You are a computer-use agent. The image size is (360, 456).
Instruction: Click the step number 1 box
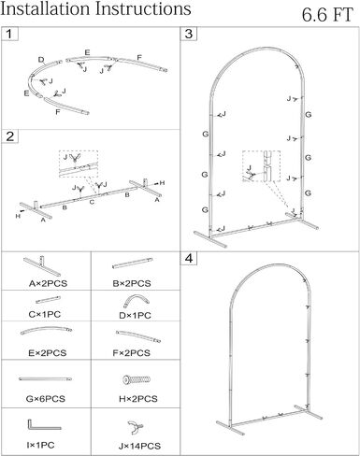pyautogui.click(x=9, y=34)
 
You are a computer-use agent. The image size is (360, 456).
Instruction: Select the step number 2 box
pyautogui.click(x=9, y=136)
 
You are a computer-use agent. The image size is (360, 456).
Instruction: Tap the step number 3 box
pyautogui.click(x=189, y=34)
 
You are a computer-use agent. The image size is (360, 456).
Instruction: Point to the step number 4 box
pyautogui.click(x=189, y=259)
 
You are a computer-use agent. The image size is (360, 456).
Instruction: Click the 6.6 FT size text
pyautogui.click(x=327, y=15)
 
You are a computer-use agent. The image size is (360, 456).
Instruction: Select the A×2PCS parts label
pyautogui.click(x=48, y=283)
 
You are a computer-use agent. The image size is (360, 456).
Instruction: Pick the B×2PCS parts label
pyautogui.click(x=132, y=283)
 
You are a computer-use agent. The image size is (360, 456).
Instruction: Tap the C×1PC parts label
pyautogui.click(x=45, y=314)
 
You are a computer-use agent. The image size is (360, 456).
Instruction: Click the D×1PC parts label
pyautogui.click(x=135, y=315)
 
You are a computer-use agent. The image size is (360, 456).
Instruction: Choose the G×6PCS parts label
pyautogui.click(x=46, y=398)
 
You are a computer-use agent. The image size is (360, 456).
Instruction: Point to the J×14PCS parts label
pyautogui.click(x=139, y=446)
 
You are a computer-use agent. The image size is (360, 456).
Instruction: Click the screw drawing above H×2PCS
pyautogui.click(x=137, y=379)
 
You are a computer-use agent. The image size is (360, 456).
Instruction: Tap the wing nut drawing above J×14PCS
pyautogui.click(x=135, y=427)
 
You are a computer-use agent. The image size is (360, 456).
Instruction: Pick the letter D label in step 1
pyautogui.click(x=41, y=60)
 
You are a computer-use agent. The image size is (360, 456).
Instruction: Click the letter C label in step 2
pyautogui.click(x=92, y=202)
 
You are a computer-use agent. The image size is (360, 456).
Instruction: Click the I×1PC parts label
pyautogui.click(x=40, y=445)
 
